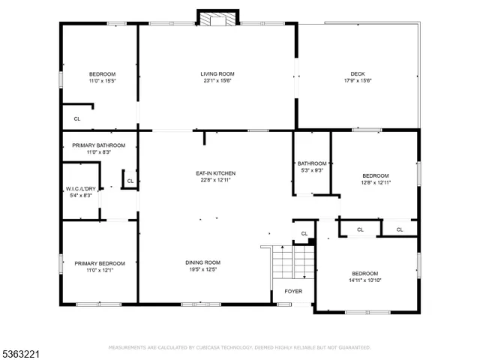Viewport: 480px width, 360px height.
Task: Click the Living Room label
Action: click(x=217, y=73)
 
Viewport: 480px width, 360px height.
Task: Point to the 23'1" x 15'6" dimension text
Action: click(x=217, y=80)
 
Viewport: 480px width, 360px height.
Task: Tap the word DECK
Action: click(x=357, y=73)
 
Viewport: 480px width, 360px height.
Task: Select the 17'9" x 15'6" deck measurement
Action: click(x=357, y=80)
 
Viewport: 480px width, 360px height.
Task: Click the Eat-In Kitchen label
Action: click(x=214, y=173)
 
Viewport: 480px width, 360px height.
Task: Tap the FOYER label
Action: click(x=292, y=291)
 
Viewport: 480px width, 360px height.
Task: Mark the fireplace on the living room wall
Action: click(x=217, y=18)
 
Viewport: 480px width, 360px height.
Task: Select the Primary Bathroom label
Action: click(x=99, y=145)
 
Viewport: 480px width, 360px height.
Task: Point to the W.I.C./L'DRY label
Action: click(x=79, y=188)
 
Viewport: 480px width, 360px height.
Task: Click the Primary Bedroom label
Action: click(x=99, y=263)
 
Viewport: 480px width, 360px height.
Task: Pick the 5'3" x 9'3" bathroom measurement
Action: click(x=311, y=170)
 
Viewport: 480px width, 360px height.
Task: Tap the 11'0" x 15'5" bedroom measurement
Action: click(x=102, y=80)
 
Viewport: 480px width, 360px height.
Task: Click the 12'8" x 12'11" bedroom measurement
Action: click(x=376, y=181)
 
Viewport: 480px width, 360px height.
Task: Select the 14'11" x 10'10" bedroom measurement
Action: click(x=364, y=280)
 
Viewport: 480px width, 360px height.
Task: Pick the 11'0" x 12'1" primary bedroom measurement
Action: click(x=99, y=270)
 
